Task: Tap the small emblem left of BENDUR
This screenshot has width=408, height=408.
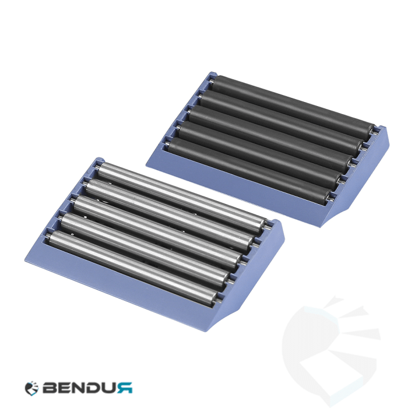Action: (x=31, y=388)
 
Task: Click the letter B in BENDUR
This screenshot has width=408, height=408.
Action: (x=50, y=388)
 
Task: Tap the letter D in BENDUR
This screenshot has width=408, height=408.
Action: (x=95, y=388)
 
